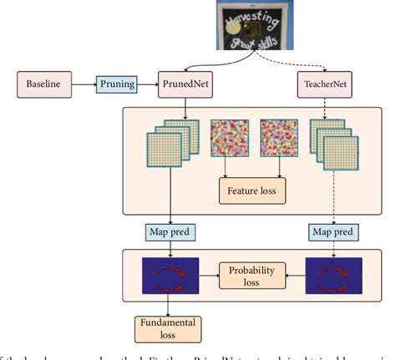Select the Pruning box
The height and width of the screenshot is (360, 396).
tap(119, 84)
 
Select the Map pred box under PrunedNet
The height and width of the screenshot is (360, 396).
tap(174, 231)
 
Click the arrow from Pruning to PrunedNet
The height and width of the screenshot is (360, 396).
tap(149, 84)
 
